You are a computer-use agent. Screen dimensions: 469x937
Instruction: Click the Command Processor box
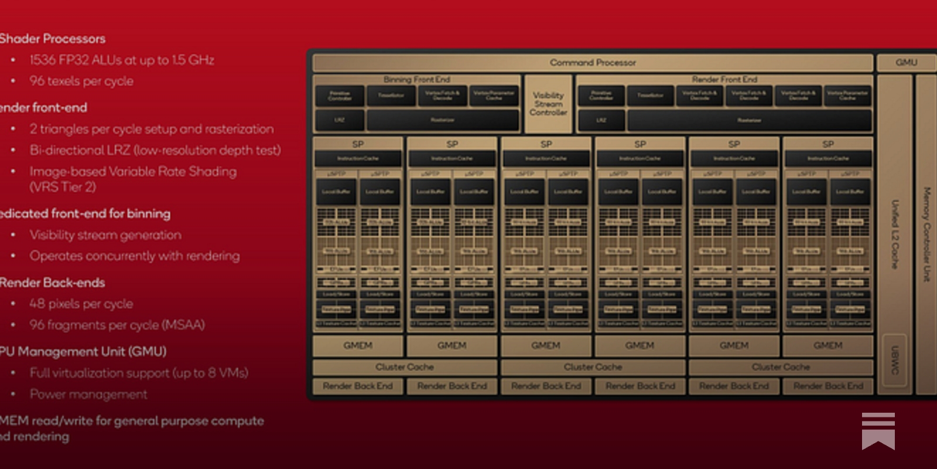click(x=593, y=62)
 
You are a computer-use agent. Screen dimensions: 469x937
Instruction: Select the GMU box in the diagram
click(x=906, y=62)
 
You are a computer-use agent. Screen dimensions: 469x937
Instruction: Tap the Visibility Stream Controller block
click(x=548, y=104)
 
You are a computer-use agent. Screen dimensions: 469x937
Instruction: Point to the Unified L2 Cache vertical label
click(x=895, y=235)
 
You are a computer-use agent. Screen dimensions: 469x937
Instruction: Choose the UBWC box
click(x=894, y=360)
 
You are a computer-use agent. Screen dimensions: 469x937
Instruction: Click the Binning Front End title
click(x=416, y=79)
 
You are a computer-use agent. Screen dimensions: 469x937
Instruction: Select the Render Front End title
click(x=724, y=79)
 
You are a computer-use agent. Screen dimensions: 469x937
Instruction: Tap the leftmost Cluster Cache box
click(x=405, y=367)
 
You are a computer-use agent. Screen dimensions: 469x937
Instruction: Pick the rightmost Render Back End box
click(x=828, y=386)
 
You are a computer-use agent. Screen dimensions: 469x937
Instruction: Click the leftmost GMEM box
click(x=358, y=346)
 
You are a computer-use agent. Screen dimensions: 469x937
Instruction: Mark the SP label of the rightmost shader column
click(x=828, y=144)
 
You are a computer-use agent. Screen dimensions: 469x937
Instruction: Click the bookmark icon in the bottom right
click(x=878, y=431)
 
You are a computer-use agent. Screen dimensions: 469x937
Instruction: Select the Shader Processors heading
click(x=53, y=39)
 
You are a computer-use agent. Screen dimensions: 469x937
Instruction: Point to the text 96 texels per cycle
click(x=81, y=81)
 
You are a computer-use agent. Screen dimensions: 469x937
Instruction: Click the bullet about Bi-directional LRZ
click(x=155, y=150)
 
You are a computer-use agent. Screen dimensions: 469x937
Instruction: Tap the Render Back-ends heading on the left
click(x=53, y=283)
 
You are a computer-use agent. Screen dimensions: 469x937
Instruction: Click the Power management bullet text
click(x=88, y=394)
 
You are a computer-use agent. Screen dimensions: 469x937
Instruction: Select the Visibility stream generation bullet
click(x=105, y=235)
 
